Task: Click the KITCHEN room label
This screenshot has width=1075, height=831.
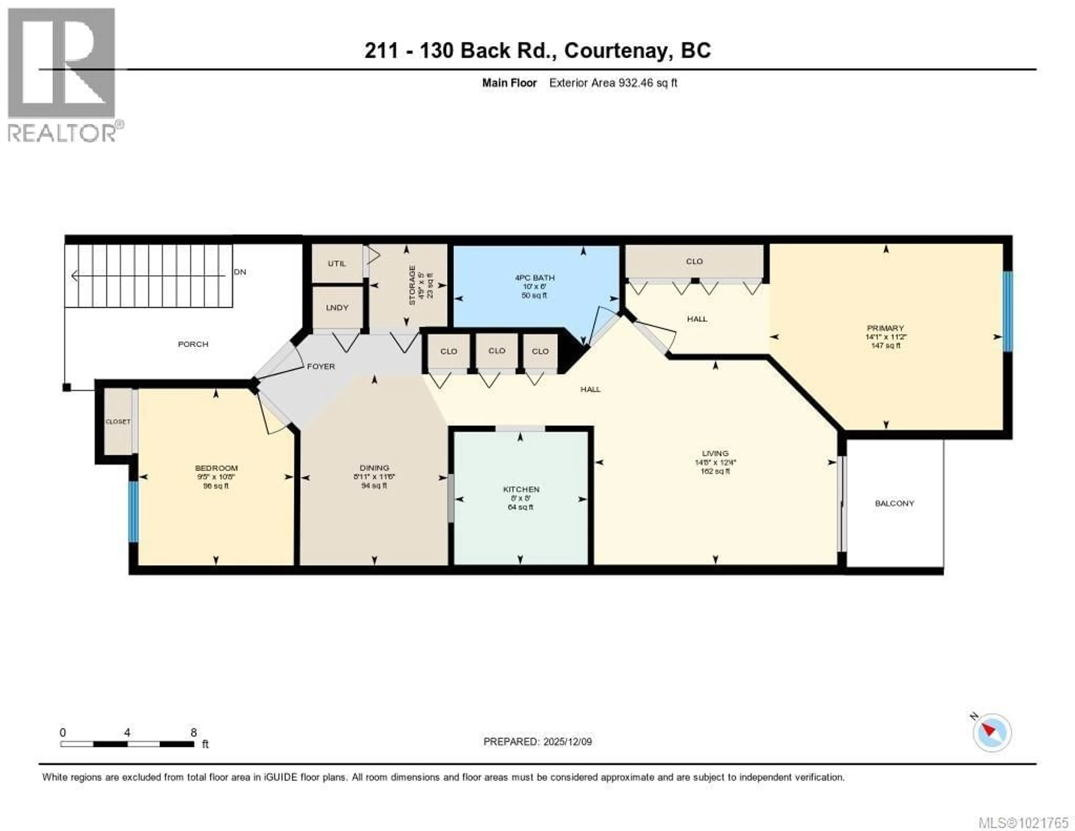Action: pyautogui.click(x=521, y=489)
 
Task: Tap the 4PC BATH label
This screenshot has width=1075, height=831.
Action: pyautogui.click(x=534, y=278)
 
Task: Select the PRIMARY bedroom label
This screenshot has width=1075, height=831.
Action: pyautogui.click(x=885, y=328)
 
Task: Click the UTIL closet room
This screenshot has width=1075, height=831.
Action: pyautogui.click(x=337, y=264)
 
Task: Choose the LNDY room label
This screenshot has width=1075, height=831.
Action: pyautogui.click(x=337, y=307)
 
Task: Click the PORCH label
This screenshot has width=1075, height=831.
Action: pyautogui.click(x=193, y=344)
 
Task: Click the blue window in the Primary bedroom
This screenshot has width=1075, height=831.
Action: pyautogui.click(x=1008, y=311)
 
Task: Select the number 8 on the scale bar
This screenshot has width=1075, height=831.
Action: pyautogui.click(x=193, y=732)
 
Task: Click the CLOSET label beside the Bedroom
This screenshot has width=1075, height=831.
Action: pyautogui.click(x=118, y=422)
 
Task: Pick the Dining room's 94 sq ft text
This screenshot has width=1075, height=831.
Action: pyautogui.click(x=374, y=486)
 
